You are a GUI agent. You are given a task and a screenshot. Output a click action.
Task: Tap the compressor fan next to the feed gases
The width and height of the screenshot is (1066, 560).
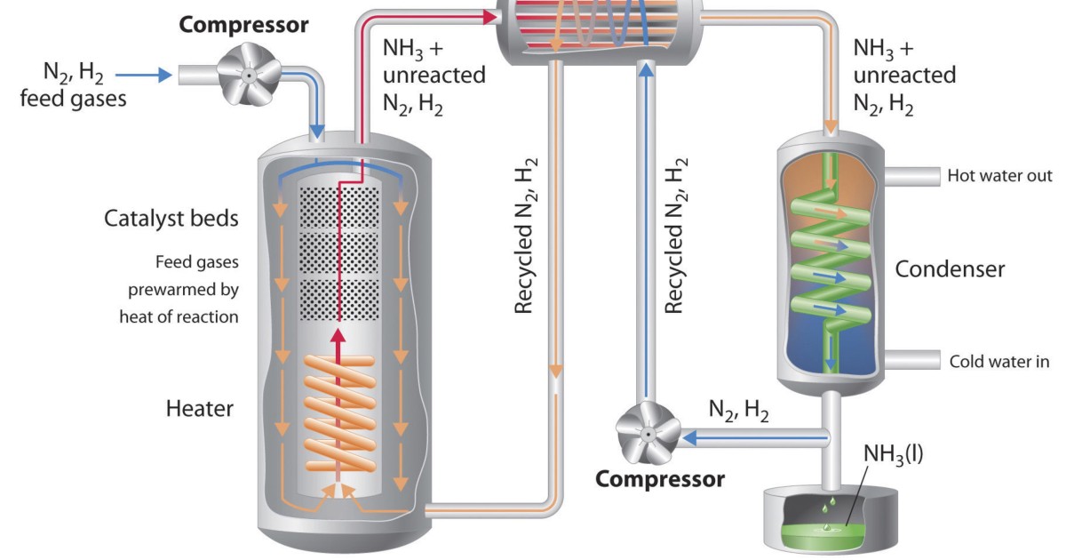[251, 76]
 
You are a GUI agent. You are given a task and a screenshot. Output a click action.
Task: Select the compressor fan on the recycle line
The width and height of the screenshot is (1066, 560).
[650, 435]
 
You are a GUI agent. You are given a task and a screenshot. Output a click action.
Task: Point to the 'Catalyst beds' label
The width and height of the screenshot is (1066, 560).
[171, 219]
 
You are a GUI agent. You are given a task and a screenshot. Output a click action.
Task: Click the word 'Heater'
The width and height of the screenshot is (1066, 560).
[199, 409]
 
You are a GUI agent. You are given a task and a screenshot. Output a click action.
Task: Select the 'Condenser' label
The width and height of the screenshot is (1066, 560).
[950, 268]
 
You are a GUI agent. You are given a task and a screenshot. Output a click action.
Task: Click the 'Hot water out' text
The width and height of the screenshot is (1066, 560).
[999, 175]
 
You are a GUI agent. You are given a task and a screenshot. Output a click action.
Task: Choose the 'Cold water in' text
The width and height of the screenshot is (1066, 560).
[999, 361]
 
